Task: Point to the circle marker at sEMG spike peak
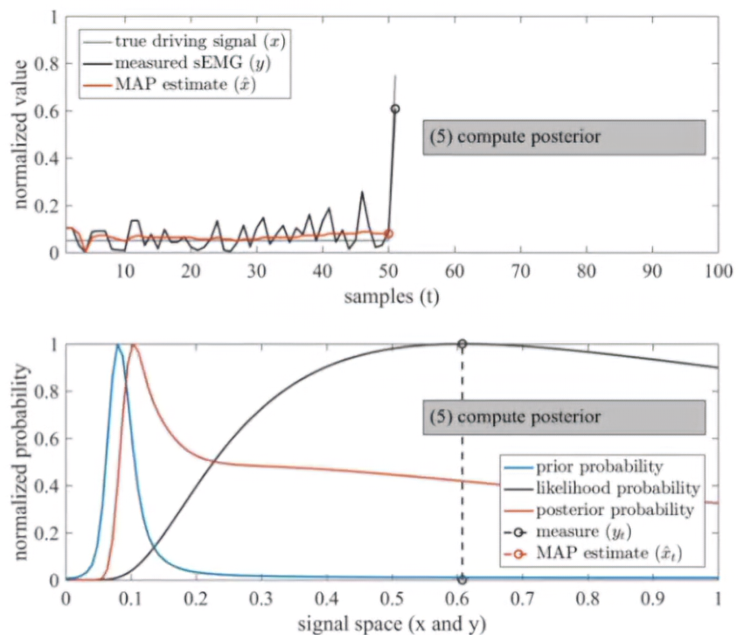pyautogui.click(x=395, y=108)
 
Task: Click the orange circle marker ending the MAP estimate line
pyautogui.click(x=389, y=234)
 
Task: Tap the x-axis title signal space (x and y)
pyautogui.click(x=391, y=623)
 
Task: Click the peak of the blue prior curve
pyautogui.click(x=117, y=345)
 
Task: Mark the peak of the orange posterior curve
pyautogui.click(x=133, y=345)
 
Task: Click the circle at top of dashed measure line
pyautogui.click(x=462, y=344)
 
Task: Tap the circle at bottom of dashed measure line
pyautogui.click(x=462, y=580)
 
